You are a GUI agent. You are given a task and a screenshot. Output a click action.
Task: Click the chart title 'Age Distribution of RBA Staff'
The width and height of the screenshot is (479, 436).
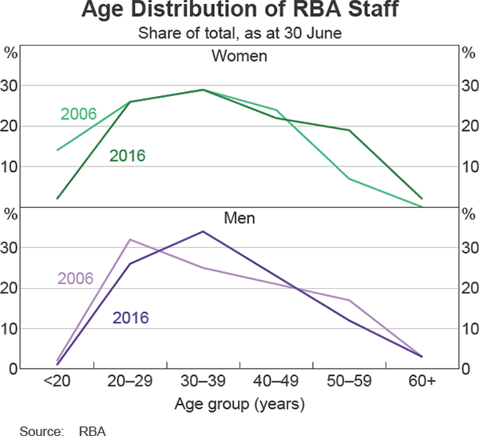(x=239, y=14)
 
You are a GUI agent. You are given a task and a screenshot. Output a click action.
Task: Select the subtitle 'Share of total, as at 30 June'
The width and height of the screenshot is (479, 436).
(x=239, y=34)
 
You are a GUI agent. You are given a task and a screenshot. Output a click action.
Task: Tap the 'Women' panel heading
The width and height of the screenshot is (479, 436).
(x=239, y=57)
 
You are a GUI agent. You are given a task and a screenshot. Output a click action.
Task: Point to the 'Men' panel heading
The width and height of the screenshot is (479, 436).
(x=239, y=216)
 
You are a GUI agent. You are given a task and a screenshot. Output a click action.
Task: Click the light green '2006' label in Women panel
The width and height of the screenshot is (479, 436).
(x=78, y=114)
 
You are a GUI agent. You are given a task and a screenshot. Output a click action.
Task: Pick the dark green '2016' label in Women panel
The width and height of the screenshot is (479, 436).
(x=127, y=155)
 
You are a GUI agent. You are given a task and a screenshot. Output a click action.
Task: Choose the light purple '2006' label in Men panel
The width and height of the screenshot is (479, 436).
(x=75, y=278)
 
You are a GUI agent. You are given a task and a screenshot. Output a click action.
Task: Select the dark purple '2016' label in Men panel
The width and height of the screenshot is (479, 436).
(x=131, y=318)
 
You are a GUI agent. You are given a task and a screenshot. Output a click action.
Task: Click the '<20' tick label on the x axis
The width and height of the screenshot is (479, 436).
(x=57, y=382)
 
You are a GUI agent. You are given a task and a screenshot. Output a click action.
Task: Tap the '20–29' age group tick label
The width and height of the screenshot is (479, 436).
(x=130, y=382)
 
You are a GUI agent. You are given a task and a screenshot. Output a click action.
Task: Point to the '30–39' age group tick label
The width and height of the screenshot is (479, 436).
(x=203, y=382)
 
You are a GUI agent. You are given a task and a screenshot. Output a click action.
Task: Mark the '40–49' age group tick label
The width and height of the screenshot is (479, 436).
(x=276, y=382)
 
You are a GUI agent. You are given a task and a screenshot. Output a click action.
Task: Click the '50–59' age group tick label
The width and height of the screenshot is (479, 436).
(x=349, y=382)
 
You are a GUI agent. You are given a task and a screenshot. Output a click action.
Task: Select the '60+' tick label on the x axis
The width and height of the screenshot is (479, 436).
(x=421, y=382)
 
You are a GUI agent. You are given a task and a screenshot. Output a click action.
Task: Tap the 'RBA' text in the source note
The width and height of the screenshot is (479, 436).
(x=92, y=430)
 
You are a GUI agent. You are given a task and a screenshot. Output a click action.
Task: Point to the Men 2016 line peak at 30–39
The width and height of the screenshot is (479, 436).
(x=203, y=231)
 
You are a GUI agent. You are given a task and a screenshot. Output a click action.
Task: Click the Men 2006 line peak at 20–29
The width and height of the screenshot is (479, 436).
(x=130, y=239)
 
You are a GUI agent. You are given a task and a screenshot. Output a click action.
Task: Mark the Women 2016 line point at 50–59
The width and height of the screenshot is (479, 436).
(x=349, y=130)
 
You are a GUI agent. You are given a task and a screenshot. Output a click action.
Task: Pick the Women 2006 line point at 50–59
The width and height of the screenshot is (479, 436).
(x=349, y=178)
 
